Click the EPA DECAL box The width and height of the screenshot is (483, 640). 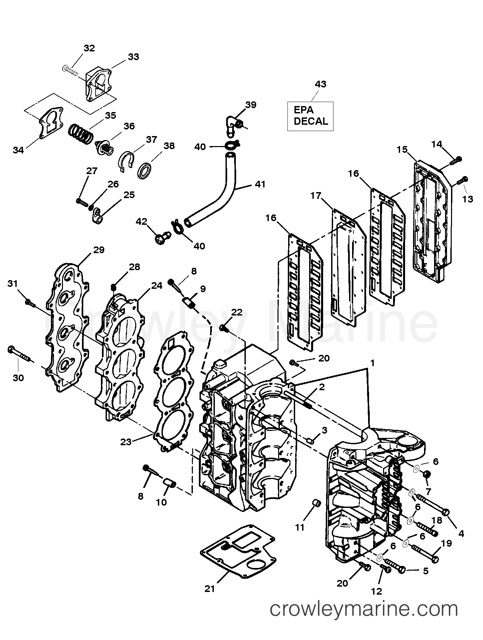(310, 116)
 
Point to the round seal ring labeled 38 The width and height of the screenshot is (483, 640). (145, 170)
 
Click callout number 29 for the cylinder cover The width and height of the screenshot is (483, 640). (99, 250)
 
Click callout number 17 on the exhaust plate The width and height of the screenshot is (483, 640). (315, 195)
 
